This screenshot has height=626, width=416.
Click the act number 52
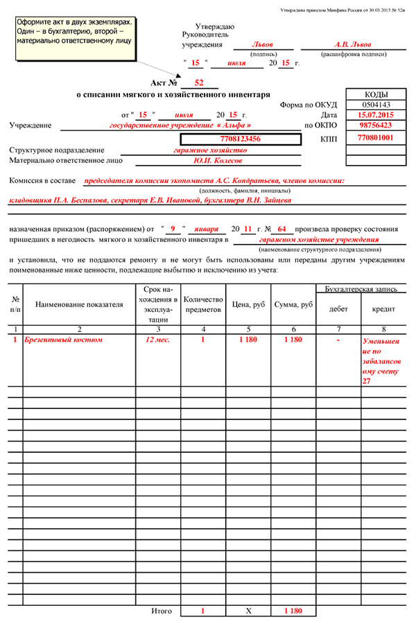tap(198, 83)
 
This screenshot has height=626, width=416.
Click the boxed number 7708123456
tap(240, 139)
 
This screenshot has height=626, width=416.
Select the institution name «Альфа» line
tap(180, 125)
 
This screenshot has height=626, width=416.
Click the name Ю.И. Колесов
tap(218, 160)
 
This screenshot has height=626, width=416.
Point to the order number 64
tap(281, 228)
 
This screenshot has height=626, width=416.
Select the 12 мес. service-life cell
tap(157, 340)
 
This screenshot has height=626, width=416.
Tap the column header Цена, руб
tap(248, 304)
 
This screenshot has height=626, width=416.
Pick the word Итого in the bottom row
tap(161, 611)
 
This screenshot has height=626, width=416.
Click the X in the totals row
tap(248, 611)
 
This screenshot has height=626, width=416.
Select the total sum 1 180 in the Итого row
tap(293, 611)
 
